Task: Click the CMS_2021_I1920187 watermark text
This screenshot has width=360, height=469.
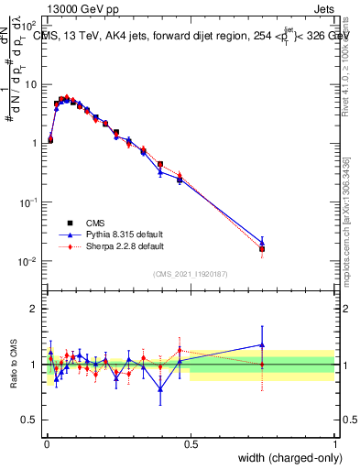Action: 190,274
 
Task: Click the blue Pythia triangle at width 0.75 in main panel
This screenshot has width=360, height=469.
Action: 262,243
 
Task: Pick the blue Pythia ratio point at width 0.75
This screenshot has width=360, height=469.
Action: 262,345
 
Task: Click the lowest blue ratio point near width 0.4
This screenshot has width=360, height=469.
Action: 160,388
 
